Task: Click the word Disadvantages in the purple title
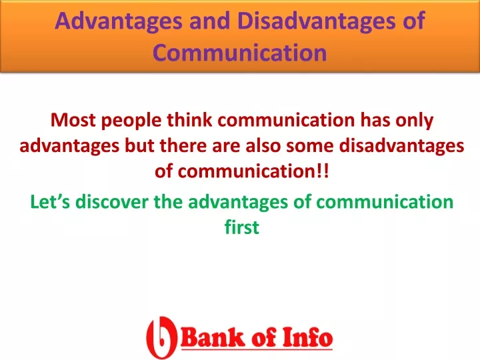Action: click(316, 21)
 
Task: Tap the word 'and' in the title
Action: click(210, 21)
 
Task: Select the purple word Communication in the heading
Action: click(240, 53)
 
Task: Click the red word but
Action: click(139, 146)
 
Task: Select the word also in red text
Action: click(263, 146)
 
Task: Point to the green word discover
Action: click(112, 202)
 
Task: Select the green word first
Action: click(242, 227)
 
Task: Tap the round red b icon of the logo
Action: click(161, 337)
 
